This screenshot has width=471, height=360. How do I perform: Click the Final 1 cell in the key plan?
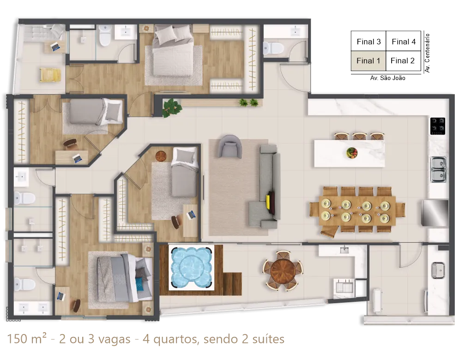368,61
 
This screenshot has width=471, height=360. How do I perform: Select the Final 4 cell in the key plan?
404,41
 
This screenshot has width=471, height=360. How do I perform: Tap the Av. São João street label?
387,78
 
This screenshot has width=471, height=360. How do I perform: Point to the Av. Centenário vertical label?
427,53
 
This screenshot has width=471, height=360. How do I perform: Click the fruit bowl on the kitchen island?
352,153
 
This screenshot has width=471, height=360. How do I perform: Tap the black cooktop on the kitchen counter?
437,126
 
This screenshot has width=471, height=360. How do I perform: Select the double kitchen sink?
439,170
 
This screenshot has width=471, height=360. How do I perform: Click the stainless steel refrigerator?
435,213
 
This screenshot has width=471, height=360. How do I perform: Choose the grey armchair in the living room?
230,146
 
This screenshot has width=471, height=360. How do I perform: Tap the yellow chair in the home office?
50,75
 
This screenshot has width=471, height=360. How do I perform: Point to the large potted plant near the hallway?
172,108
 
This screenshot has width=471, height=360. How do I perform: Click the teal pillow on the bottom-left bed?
139,284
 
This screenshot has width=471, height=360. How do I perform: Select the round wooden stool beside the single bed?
161,156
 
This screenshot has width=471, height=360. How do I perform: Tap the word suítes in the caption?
268,339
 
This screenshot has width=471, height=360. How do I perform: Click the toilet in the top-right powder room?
273,48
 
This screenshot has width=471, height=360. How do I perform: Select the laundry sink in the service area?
438,270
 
